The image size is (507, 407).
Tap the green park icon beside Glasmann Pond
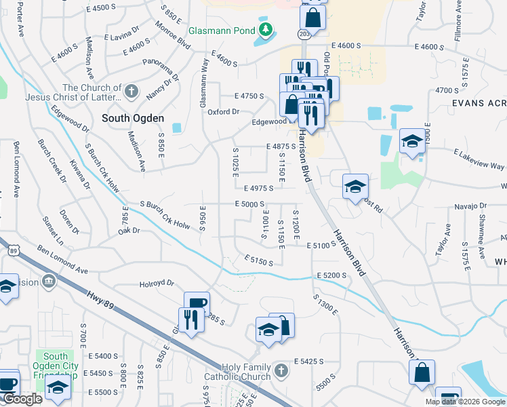tap(266, 31)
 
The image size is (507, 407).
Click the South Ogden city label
tap(133, 118)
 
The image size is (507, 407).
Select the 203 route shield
tap(303, 33)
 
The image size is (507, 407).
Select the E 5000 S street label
tap(250, 204)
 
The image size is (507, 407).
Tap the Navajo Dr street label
tap(470, 205)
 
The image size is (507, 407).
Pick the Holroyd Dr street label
tap(157, 284)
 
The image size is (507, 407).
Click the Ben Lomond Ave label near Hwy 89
tap(62, 260)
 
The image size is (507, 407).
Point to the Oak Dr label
tap(128, 231)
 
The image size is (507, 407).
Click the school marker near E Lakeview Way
tap(411, 142)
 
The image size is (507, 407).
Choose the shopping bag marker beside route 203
tap(313, 14)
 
